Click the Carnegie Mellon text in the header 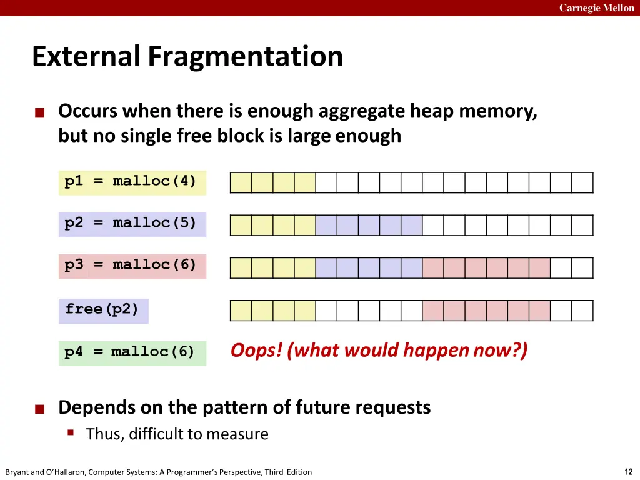(x=596, y=8)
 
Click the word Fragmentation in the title (x=246, y=56)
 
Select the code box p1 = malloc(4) (x=132, y=182)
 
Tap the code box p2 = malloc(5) (x=132, y=223)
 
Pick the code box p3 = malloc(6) (x=132, y=265)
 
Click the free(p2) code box (x=103, y=309)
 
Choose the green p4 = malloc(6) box (x=132, y=352)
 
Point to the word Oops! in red (x=257, y=351)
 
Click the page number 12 (x=628, y=472)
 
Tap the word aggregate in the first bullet (x=362, y=111)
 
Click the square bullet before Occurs (x=40, y=112)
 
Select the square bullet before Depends (x=40, y=409)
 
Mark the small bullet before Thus (x=71, y=432)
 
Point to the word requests (x=394, y=408)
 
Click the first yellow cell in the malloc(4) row (x=241, y=182)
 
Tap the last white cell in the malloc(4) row (x=582, y=182)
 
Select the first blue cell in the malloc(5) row (x=326, y=225)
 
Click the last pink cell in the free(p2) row (x=539, y=311)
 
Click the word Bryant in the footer (x=16, y=472)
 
